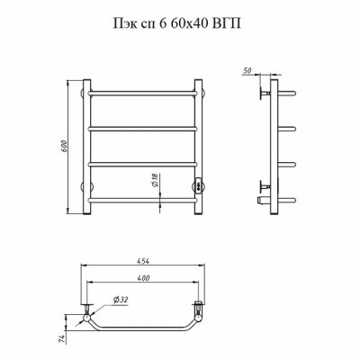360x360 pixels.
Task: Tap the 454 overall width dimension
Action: pos(143,261)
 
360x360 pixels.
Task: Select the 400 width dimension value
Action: pos(143,278)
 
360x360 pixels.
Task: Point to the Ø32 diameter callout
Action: pos(121,300)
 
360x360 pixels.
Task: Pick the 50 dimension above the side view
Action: pos(247,71)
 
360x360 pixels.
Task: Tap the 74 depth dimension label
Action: pos(62,339)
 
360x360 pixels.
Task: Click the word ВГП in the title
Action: pos(226,23)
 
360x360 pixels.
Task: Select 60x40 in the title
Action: pos(189,23)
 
